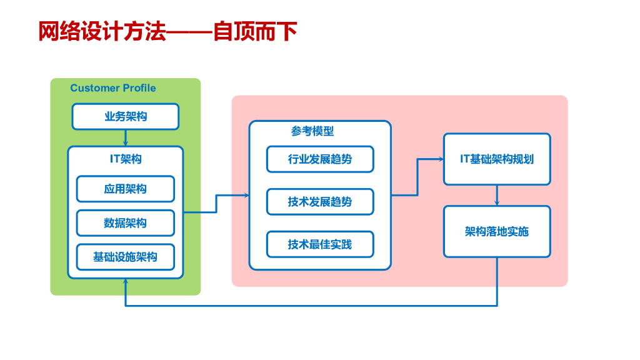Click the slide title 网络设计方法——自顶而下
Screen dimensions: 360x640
(167, 31)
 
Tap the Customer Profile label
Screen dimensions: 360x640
(113, 88)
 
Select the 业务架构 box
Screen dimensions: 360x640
(126, 116)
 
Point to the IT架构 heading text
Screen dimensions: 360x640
(126, 159)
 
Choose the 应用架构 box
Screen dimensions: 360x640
(126, 189)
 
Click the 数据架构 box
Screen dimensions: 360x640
(126, 223)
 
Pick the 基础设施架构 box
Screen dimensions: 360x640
(126, 257)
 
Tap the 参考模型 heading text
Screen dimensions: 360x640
(312, 131)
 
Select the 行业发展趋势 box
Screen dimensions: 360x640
(320, 159)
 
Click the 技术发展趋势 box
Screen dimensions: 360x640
(320, 202)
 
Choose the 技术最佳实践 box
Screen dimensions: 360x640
(320, 244)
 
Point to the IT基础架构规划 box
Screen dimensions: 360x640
(497, 159)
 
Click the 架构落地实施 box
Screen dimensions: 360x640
(497, 232)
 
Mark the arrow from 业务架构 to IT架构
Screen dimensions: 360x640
(126, 138)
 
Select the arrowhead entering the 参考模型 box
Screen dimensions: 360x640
(246, 196)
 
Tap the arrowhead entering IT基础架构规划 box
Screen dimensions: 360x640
(441, 159)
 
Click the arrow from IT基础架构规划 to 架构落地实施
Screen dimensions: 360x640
(497, 196)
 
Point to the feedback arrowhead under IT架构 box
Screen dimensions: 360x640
(126, 282)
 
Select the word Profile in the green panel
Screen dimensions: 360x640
(139, 88)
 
